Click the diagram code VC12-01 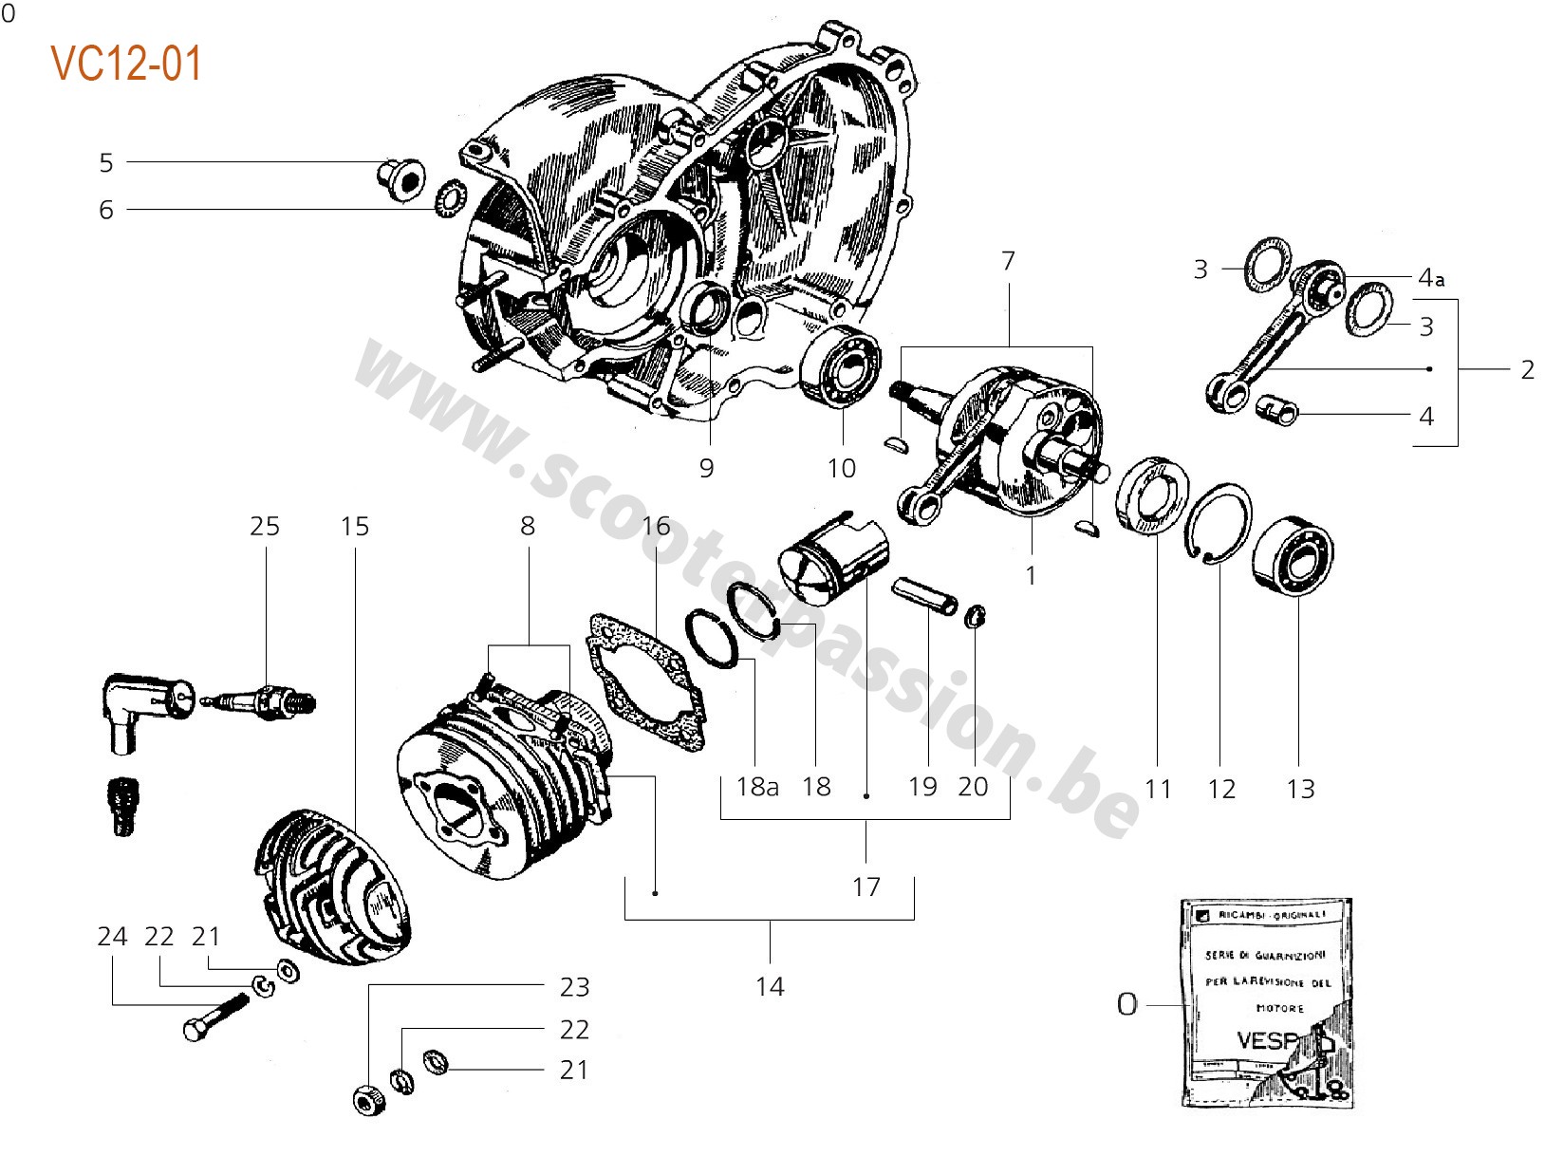(126, 65)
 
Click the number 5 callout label (106, 163)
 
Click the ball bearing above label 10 (841, 365)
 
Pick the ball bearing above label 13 (1293, 556)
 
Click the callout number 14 (771, 987)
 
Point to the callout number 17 (866, 887)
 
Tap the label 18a (757, 787)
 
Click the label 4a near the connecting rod (1430, 278)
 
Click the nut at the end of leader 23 (370, 1100)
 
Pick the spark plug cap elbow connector (142, 707)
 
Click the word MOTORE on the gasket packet (1280, 1008)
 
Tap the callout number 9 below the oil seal (706, 468)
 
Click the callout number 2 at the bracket (1527, 369)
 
